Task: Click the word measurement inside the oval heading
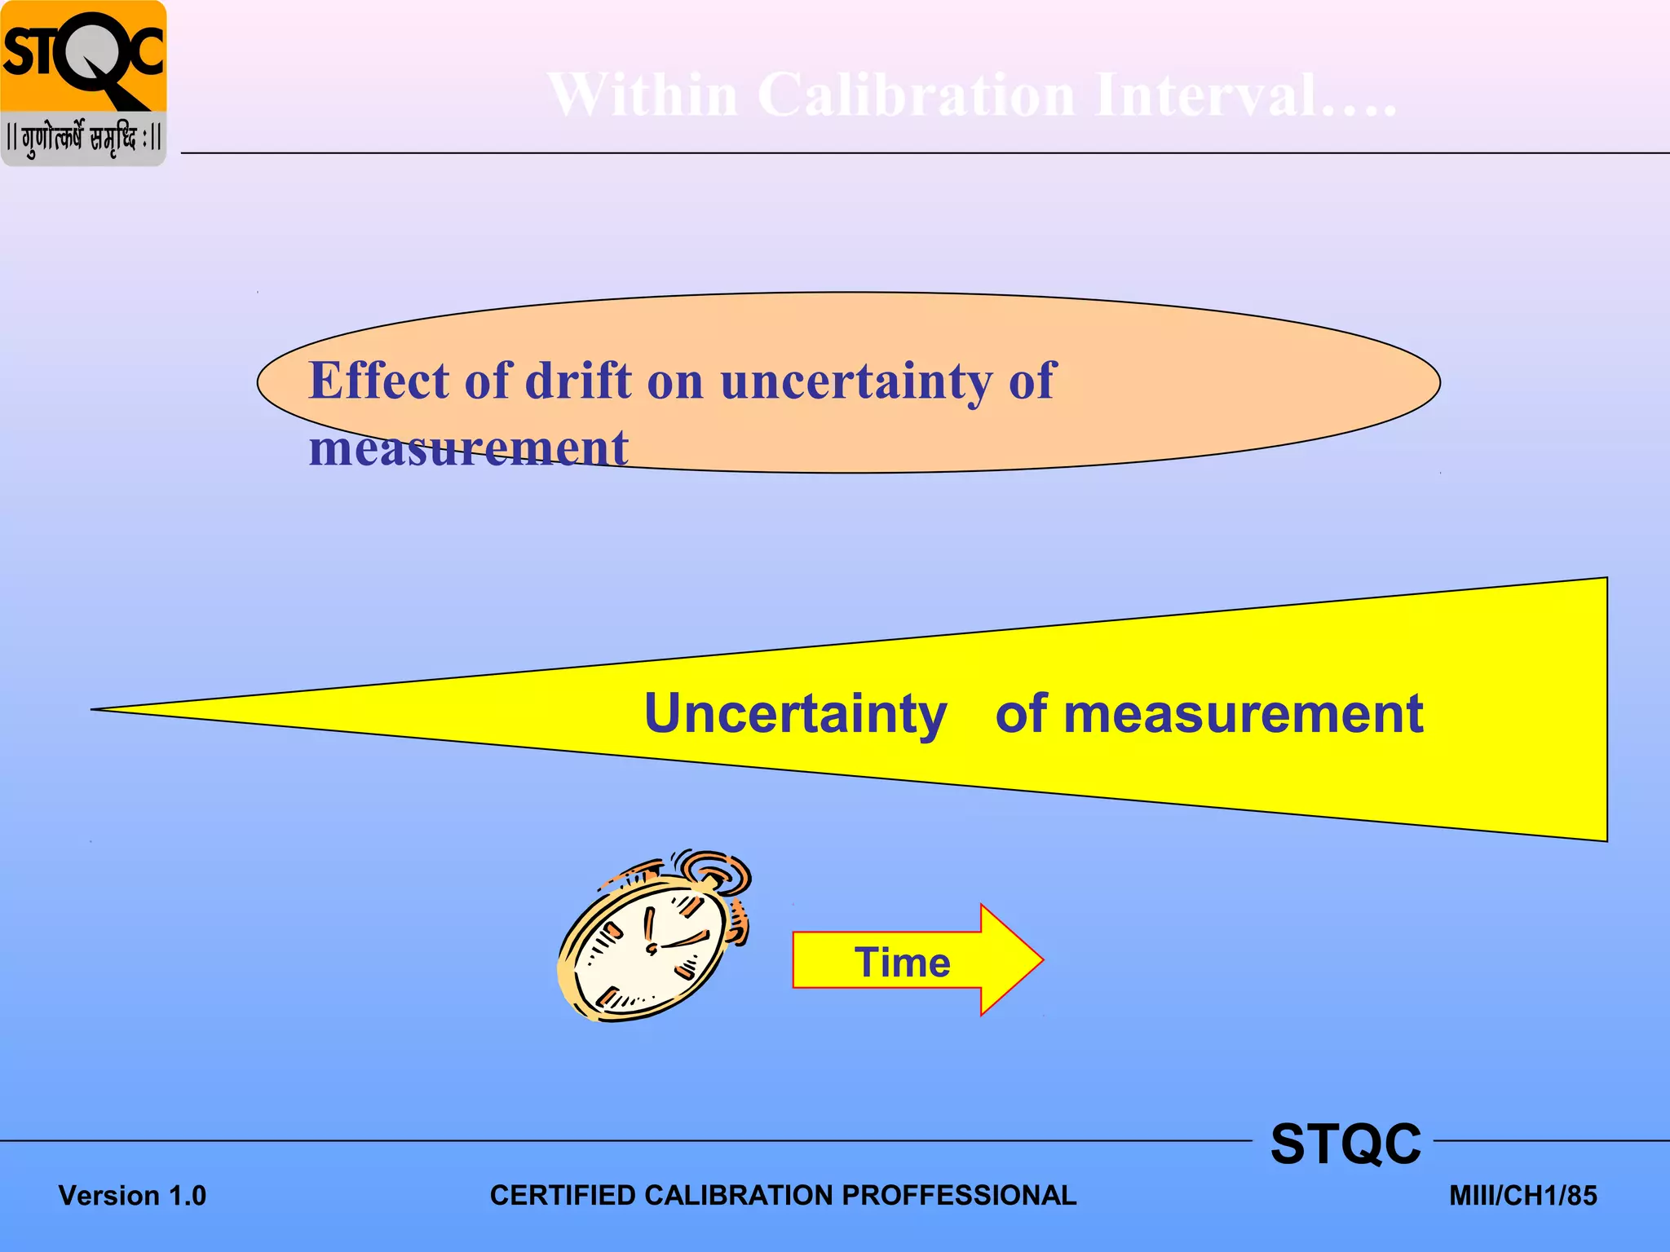click(x=468, y=448)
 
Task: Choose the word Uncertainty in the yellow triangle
click(x=795, y=714)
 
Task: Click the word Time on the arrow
click(x=902, y=963)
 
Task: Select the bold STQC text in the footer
click(x=1345, y=1144)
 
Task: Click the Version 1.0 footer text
click(x=132, y=1196)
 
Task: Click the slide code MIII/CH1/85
click(x=1522, y=1196)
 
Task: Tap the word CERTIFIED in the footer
click(x=563, y=1195)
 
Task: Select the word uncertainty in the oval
click(x=856, y=381)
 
